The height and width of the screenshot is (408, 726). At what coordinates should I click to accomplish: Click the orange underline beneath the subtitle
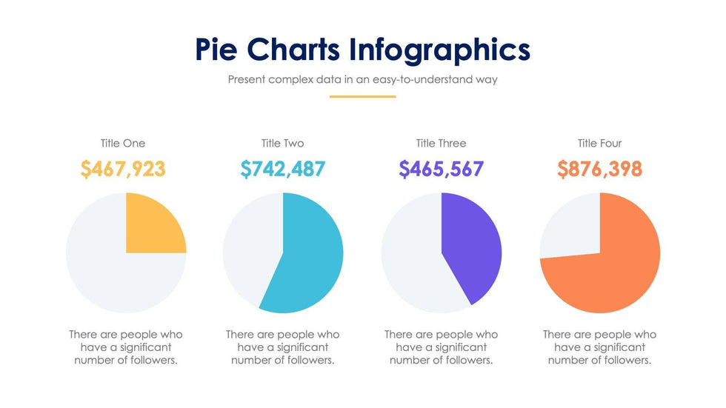point(363,96)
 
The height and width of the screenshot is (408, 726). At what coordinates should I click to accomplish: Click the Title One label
point(123,143)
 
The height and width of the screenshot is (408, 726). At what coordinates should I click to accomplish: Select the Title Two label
point(282,143)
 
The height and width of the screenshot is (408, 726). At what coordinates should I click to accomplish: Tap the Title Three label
point(441,143)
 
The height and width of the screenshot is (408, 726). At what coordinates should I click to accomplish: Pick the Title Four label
point(599,143)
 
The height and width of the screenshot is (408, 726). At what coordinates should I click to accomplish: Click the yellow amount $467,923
point(123,169)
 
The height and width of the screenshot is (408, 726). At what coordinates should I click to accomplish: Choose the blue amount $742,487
point(282,169)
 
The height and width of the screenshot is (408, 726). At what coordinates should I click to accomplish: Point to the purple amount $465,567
point(441,169)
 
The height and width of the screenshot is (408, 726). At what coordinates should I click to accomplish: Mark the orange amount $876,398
point(599,169)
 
